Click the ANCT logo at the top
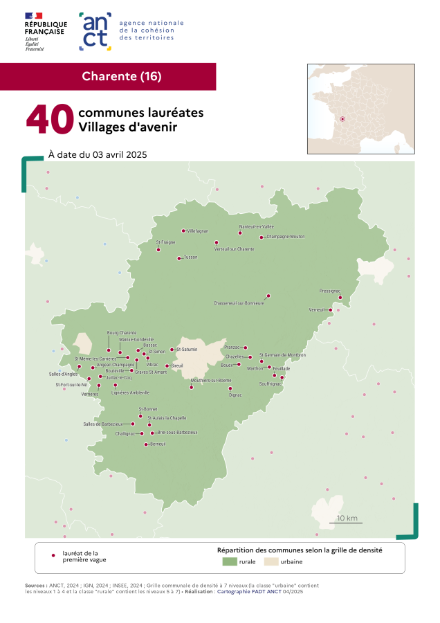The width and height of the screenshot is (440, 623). pyautogui.click(x=95, y=31)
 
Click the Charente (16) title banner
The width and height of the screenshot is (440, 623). pyautogui.click(x=122, y=76)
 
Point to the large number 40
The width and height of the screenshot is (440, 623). pyautogui.click(x=50, y=120)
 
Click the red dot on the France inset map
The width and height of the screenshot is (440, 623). pyautogui.click(x=342, y=118)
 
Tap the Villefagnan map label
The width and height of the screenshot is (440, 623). pyautogui.click(x=198, y=231)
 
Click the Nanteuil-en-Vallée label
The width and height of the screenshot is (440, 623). pyautogui.click(x=257, y=226)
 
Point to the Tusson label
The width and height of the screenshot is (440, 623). pyautogui.click(x=190, y=258)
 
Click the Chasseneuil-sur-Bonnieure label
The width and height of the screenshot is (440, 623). pyautogui.click(x=239, y=303)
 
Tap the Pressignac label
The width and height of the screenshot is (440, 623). pyautogui.click(x=330, y=291)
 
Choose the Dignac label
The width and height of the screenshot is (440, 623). pyautogui.click(x=235, y=395)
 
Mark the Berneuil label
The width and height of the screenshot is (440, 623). pyautogui.click(x=158, y=444)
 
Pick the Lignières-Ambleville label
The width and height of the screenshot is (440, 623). pyautogui.click(x=130, y=392)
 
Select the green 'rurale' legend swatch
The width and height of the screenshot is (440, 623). pyautogui.click(x=230, y=561)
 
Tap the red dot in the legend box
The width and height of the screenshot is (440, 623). pyautogui.click(x=53, y=555)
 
